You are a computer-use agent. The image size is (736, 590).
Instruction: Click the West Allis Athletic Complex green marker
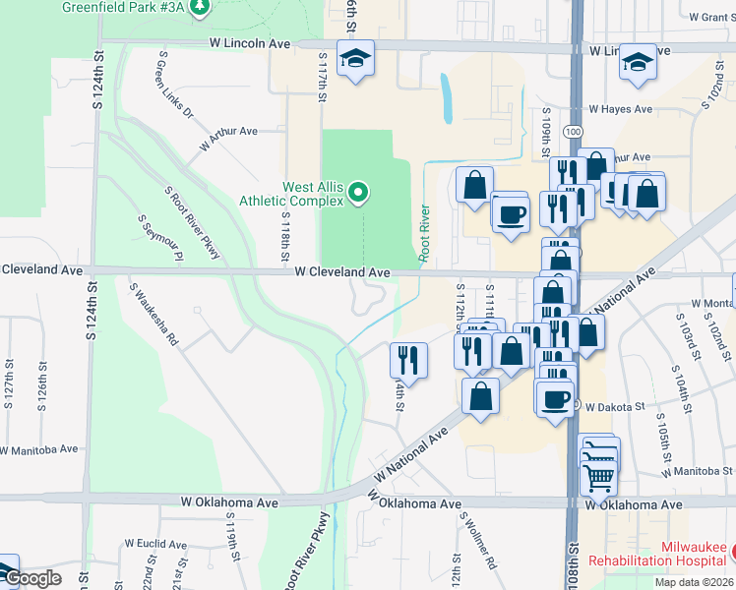point(358,192)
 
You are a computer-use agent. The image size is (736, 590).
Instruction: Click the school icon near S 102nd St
point(638,64)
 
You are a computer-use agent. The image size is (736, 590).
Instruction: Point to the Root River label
point(426,233)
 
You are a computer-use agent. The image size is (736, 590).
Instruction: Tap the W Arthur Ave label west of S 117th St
point(227,138)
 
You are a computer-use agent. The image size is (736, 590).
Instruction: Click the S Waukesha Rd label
point(153,314)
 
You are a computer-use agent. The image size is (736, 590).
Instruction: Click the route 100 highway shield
point(573,131)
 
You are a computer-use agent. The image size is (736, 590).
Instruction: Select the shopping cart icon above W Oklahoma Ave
point(601,479)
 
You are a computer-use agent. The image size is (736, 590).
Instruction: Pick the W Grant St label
point(702,18)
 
